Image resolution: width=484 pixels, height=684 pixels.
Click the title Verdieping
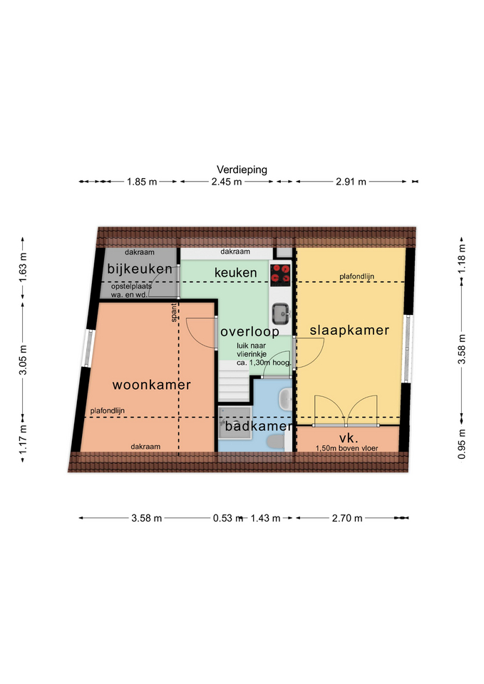[242, 170]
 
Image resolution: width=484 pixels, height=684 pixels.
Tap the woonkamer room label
[151, 385]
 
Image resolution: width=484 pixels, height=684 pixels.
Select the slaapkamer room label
[349, 330]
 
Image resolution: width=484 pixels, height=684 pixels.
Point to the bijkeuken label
[140, 269]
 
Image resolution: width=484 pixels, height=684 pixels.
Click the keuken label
[236, 273]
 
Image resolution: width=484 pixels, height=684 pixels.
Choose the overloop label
[249, 332]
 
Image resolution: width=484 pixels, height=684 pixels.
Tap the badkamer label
[258, 426]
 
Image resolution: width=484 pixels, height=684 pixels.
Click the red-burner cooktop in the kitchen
[279, 274]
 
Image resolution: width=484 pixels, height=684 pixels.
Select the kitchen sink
[280, 314]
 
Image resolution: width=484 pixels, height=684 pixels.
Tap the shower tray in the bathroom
[235, 423]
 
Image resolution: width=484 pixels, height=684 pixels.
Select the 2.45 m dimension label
[227, 182]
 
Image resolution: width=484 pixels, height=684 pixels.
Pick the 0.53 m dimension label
[228, 518]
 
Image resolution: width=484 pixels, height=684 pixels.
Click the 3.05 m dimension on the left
[23, 360]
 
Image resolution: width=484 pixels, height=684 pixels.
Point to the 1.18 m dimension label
[462, 259]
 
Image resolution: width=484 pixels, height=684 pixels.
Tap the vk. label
[349, 438]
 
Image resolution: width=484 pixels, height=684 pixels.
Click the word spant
[174, 312]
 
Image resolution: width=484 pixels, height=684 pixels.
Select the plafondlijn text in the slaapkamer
[356, 276]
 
